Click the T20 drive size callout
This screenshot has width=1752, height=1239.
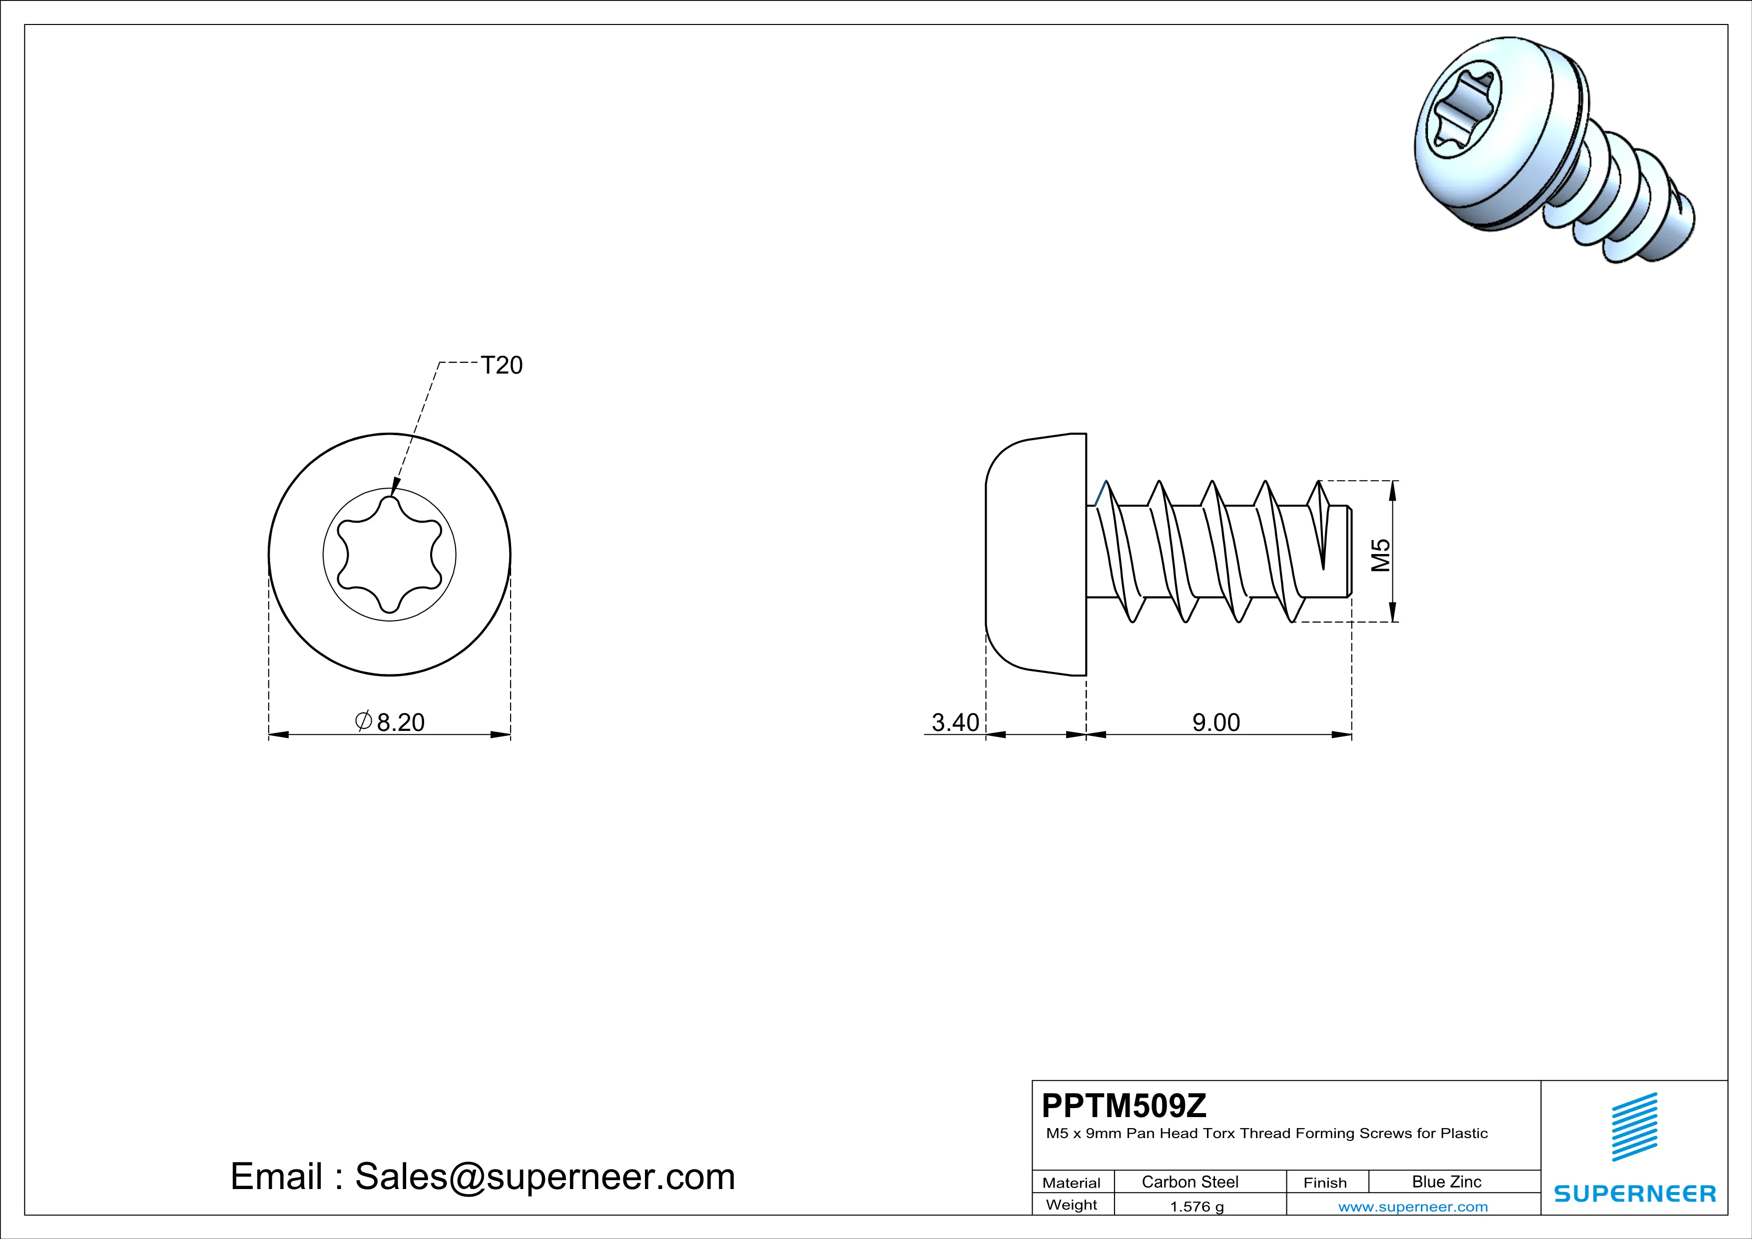(502, 365)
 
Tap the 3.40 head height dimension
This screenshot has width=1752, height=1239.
(955, 722)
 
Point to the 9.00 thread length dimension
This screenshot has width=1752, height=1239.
(1216, 722)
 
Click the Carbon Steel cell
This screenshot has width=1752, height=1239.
(1189, 1182)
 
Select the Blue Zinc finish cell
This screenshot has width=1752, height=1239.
(1446, 1182)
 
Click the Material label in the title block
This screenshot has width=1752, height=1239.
(1072, 1183)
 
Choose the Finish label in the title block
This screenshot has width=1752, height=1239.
(1325, 1183)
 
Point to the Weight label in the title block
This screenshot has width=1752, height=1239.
(1072, 1205)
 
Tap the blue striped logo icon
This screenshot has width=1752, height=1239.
(1634, 1127)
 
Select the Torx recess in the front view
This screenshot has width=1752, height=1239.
(389, 555)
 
